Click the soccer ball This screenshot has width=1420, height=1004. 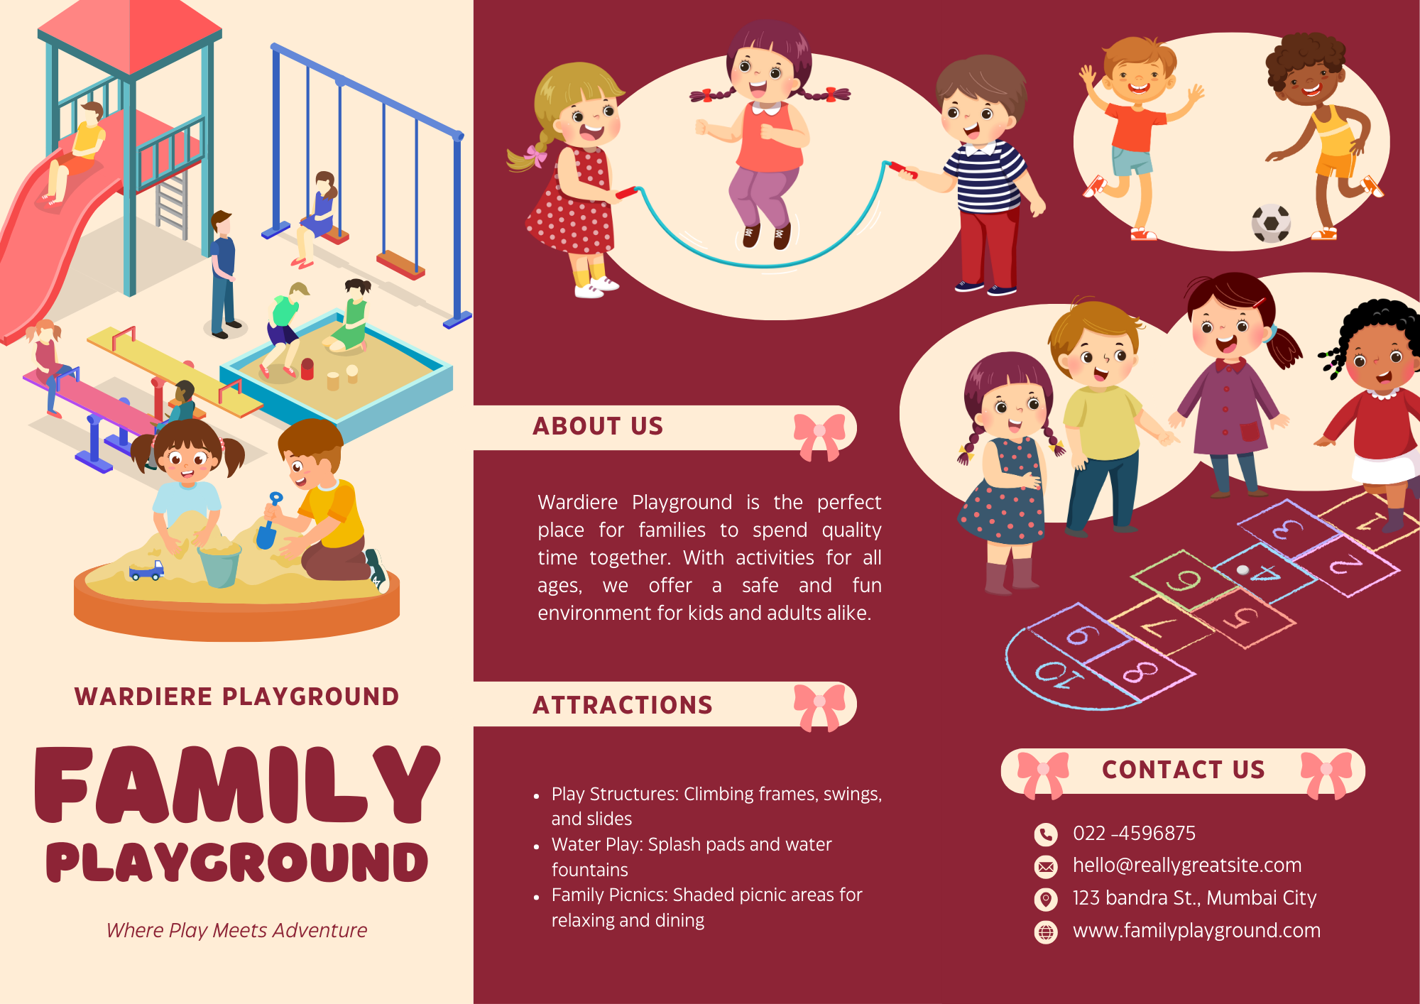[x=1271, y=223]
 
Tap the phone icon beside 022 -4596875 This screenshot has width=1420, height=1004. [x=1046, y=834]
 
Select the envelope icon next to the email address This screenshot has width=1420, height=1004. [x=1046, y=866]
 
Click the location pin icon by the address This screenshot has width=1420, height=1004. [x=1046, y=899]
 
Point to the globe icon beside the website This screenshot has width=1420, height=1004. [x=1046, y=932]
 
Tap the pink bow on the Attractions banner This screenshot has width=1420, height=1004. [x=819, y=707]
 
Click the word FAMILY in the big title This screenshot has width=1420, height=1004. [x=237, y=785]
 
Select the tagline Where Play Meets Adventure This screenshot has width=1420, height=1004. [x=236, y=930]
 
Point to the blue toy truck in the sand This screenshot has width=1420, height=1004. [x=146, y=570]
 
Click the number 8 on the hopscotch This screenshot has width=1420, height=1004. [x=1140, y=670]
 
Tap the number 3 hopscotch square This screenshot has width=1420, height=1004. [x=1287, y=529]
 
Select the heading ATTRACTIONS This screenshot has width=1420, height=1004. [x=623, y=705]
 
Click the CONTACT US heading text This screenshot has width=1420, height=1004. [x=1184, y=770]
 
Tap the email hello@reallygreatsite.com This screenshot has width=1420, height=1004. [x=1187, y=866]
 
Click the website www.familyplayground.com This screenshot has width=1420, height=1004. [x=1196, y=931]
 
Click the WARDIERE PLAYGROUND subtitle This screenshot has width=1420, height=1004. [x=237, y=697]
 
